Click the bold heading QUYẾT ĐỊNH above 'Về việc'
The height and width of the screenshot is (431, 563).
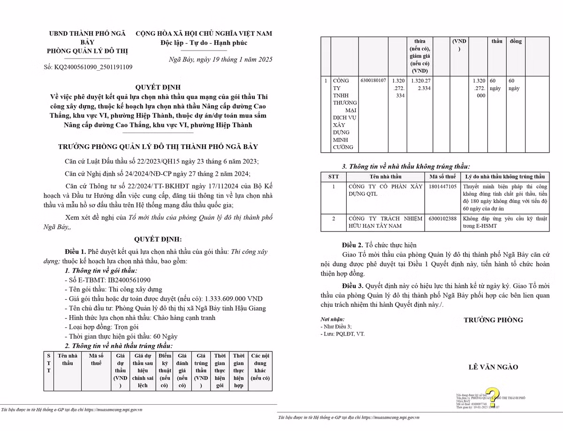pyautogui.click(x=158, y=87)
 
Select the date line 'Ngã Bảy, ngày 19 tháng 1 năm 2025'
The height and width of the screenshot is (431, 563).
pyautogui.click(x=220, y=59)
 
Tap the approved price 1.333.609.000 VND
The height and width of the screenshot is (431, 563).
pyautogui.click(x=233, y=298)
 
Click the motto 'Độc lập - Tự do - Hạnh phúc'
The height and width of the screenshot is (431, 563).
pyautogui.click(x=204, y=43)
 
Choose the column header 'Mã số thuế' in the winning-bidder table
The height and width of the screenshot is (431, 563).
pyautogui.click(x=96, y=359)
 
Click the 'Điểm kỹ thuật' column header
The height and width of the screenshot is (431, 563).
pyautogui.click(x=165, y=370)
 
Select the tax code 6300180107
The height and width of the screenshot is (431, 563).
pyautogui.click(x=374, y=81)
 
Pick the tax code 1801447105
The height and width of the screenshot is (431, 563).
pyautogui.click(x=442, y=186)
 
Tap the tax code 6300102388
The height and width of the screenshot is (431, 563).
pyautogui.click(x=442, y=218)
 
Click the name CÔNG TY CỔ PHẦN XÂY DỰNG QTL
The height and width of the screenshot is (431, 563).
pyautogui.click(x=385, y=190)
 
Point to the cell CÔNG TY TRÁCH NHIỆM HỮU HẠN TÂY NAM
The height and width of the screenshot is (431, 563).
pyautogui.click(x=385, y=222)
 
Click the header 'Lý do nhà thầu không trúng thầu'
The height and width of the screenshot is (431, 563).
pyautogui.click(x=505, y=177)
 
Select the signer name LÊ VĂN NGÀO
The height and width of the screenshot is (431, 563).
pyautogui.click(x=493, y=367)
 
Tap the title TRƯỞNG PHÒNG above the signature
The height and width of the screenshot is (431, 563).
pyautogui.click(x=493, y=320)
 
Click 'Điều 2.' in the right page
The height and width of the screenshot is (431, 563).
pyautogui.click(x=352, y=245)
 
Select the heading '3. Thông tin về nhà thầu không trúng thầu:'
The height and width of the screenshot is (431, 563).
pyautogui.click(x=406, y=166)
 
